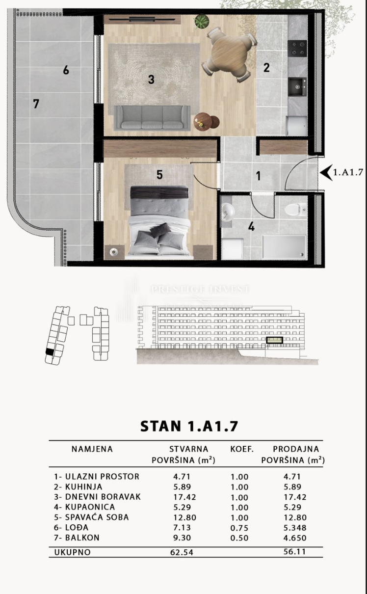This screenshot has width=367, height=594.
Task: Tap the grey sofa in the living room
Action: click(x=152, y=118)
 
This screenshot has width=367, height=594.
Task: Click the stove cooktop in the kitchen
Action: click(x=297, y=48)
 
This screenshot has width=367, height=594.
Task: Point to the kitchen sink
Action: click(x=297, y=87)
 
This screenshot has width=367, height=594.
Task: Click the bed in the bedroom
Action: click(x=159, y=222)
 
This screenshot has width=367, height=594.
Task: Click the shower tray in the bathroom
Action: click(x=284, y=246)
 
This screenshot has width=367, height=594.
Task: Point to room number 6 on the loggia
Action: click(x=66, y=70)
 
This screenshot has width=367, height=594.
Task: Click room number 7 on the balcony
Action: click(x=36, y=104)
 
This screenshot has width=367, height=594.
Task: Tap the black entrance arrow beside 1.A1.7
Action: click(x=326, y=173)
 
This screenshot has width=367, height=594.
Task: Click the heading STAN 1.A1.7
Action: click(x=189, y=426)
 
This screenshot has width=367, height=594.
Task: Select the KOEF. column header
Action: click(x=242, y=449)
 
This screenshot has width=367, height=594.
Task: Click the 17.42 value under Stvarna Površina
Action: click(x=184, y=497)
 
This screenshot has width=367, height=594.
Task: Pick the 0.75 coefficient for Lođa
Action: click(x=239, y=528)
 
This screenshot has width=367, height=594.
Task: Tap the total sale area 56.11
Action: click(x=294, y=552)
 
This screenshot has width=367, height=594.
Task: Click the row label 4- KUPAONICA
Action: click(x=84, y=507)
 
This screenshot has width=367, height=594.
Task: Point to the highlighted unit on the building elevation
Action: click(x=275, y=340)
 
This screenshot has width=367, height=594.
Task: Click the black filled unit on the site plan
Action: click(x=50, y=351)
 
